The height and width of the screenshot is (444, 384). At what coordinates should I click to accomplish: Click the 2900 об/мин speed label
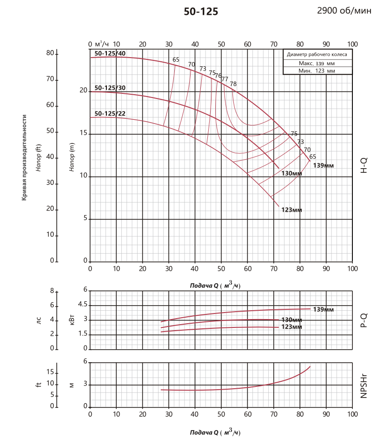pyautogui.click(x=344, y=11)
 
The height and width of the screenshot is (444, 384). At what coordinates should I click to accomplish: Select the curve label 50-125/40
pyautogui.click(x=110, y=53)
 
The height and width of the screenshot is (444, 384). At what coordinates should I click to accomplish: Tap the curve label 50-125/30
pyautogui.click(x=110, y=88)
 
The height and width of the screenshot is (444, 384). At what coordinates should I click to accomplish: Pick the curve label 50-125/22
pyautogui.click(x=110, y=113)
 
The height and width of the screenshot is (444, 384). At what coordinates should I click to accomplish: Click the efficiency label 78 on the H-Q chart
pyautogui.click(x=233, y=84)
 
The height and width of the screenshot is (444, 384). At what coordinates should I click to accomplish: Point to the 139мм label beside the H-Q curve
pyautogui.click(x=324, y=166)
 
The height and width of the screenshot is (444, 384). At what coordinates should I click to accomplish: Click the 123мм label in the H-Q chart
pyautogui.click(x=292, y=210)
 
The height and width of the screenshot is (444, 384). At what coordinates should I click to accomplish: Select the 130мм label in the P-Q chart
pyautogui.click(x=292, y=320)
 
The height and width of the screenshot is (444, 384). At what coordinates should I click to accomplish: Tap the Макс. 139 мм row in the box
pyautogui.click(x=317, y=63)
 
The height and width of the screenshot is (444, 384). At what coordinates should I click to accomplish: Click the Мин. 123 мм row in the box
pyautogui.click(x=317, y=71)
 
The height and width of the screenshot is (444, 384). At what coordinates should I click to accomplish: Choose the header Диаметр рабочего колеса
pyautogui.click(x=317, y=55)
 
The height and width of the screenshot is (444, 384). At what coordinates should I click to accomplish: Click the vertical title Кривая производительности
pyautogui.click(x=24, y=158)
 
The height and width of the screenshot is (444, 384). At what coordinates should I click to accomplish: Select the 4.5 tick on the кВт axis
pyautogui.click(x=83, y=305)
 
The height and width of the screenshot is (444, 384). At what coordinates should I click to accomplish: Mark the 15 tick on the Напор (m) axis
pyautogui.click(x=83, y=134)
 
